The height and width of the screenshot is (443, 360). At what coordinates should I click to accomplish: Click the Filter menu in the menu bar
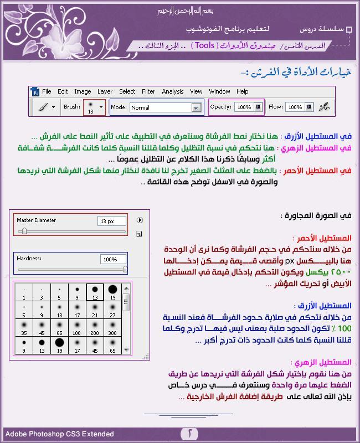148,91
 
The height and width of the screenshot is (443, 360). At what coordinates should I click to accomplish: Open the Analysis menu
173,91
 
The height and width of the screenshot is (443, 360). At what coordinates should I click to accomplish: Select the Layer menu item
105,91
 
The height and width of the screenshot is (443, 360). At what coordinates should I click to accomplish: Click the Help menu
243,91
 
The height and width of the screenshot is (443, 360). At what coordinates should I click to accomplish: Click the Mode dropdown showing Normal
165,107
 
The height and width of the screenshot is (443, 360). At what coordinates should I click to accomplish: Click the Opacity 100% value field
244,107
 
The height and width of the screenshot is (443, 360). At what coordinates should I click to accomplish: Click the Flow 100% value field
295,107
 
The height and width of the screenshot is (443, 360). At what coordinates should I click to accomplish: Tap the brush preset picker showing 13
94,107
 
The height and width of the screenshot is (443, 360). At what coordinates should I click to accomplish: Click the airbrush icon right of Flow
325,107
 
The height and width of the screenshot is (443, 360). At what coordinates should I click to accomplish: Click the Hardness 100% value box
113,259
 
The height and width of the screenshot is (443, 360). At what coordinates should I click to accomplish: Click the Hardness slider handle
125,269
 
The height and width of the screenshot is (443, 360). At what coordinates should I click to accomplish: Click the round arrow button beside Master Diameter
140,220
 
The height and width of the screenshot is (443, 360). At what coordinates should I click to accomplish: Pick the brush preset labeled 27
112,309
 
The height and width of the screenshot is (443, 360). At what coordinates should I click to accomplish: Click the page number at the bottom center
190,433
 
